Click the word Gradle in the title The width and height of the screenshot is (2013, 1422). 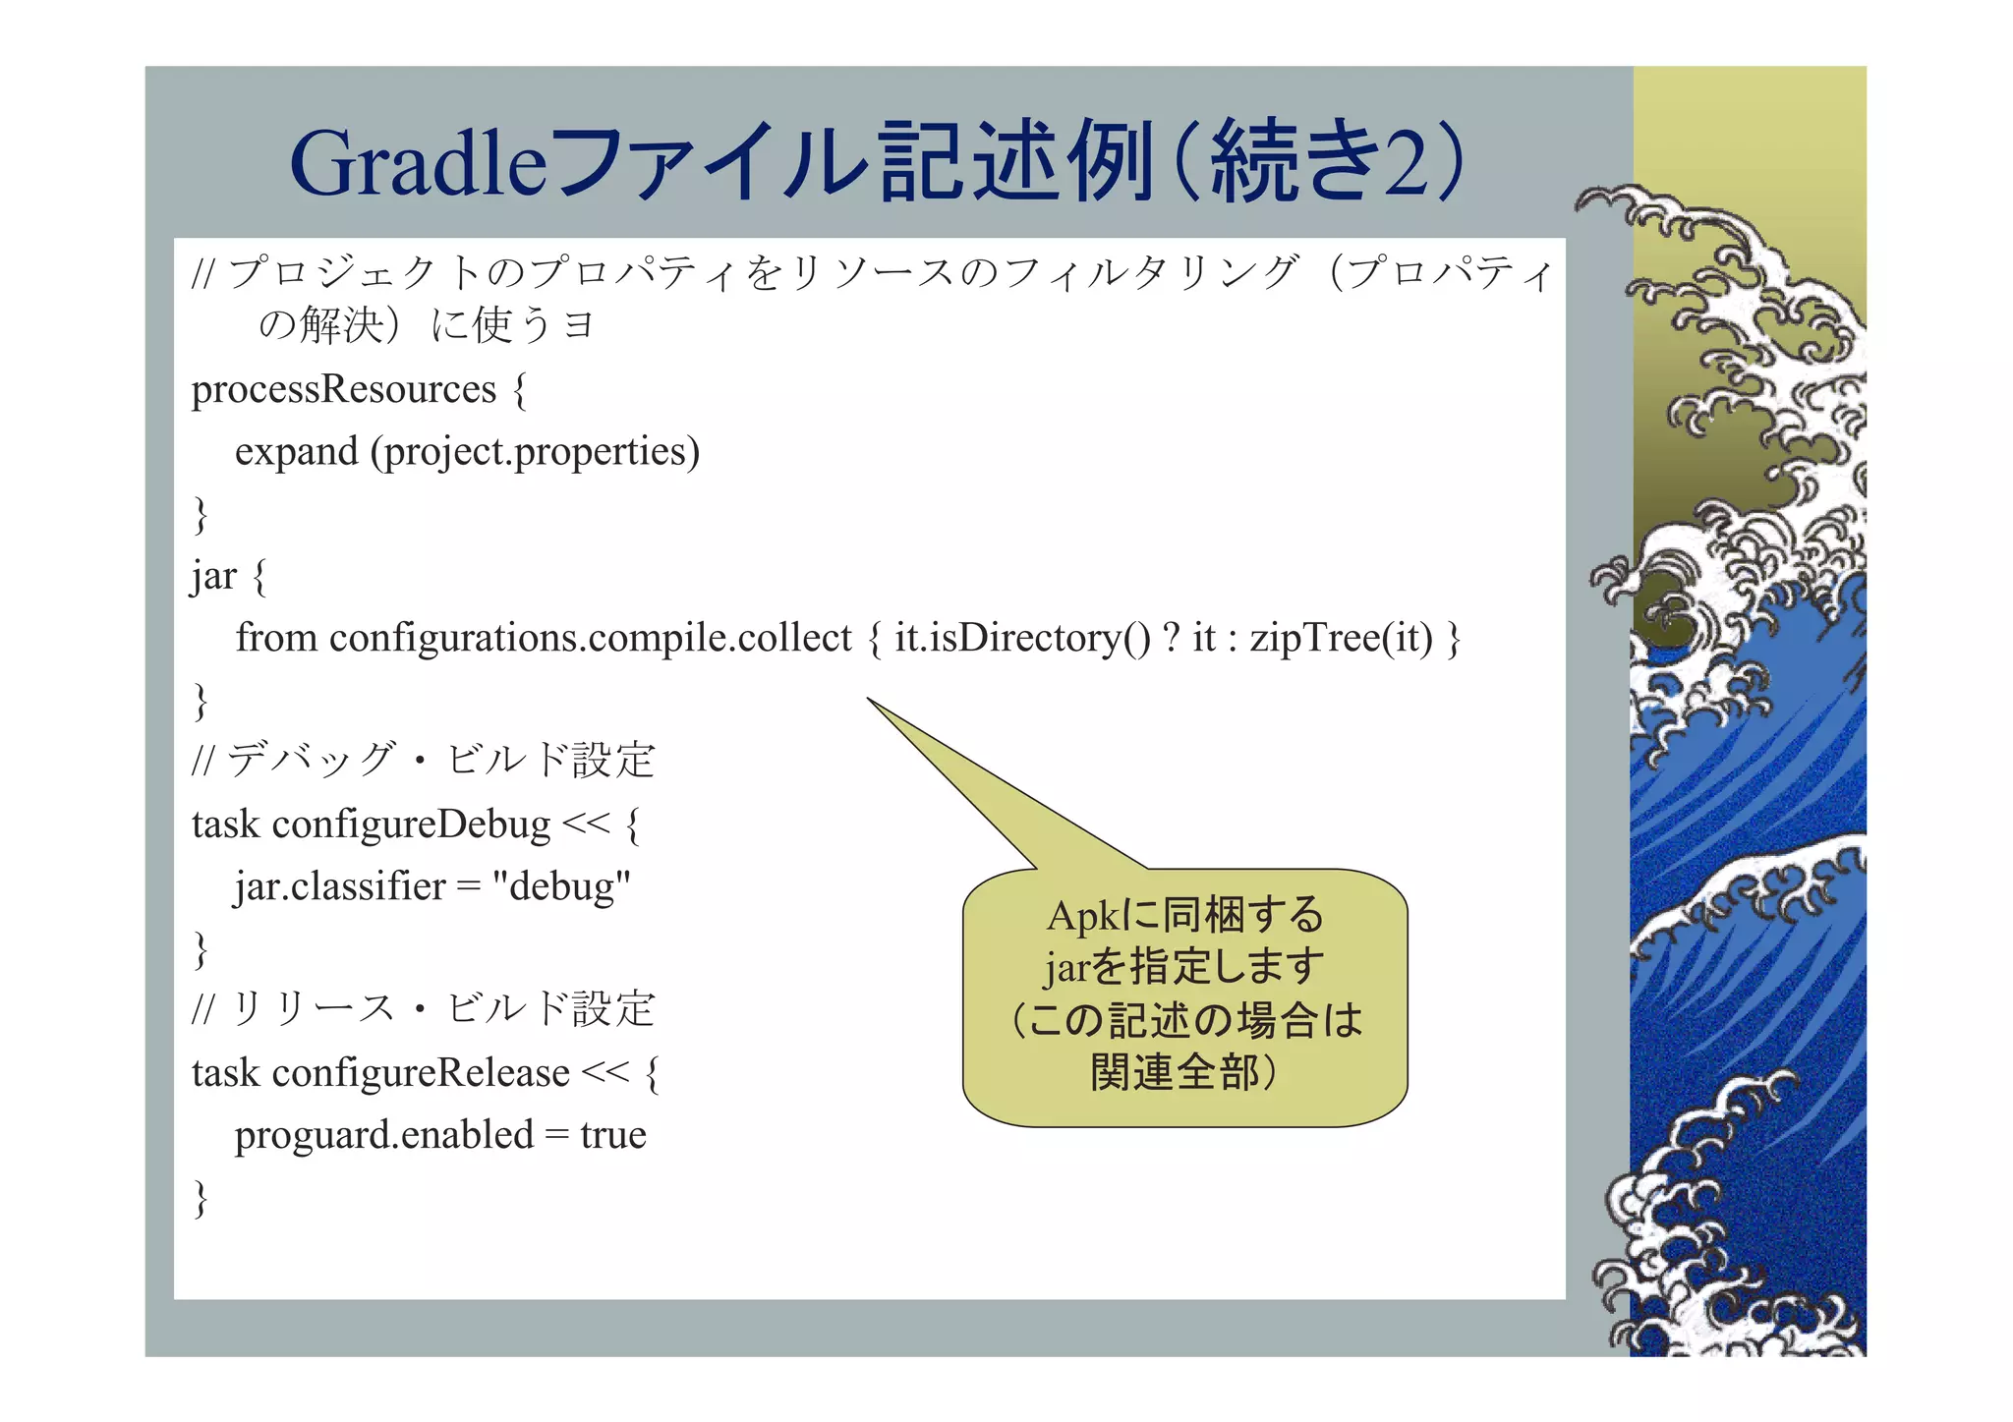click(x=418, y=163)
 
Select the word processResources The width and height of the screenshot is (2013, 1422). click(x=343, y=390)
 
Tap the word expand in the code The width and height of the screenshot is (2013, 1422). click(x=296, y=452)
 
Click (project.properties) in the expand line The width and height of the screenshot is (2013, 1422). click(x=535, y=452)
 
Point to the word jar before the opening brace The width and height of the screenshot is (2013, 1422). click(x=213, y=577)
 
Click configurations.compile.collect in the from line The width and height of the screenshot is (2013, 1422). click(x=590, y=639)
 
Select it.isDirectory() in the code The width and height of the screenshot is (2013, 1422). click(x=1022, y=639)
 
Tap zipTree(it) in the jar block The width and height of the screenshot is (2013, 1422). click(x=1341, y=639)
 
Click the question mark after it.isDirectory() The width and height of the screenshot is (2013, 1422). click(x=1171, y=639)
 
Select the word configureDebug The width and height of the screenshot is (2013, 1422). click(x=411, y=825)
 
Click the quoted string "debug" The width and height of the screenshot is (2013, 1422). click(x=560, y=886)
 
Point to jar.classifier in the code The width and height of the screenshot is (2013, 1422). click(x=339, y=886)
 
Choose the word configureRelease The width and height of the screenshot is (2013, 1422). click(x=421, y=1073)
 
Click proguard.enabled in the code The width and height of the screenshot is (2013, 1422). click(x=383, y=1135)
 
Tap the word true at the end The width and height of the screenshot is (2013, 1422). click(x=613, y=1135)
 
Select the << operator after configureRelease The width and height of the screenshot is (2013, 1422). click(x=604, y=1073)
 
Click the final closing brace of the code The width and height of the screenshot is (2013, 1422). click(x=201, y=1198)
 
